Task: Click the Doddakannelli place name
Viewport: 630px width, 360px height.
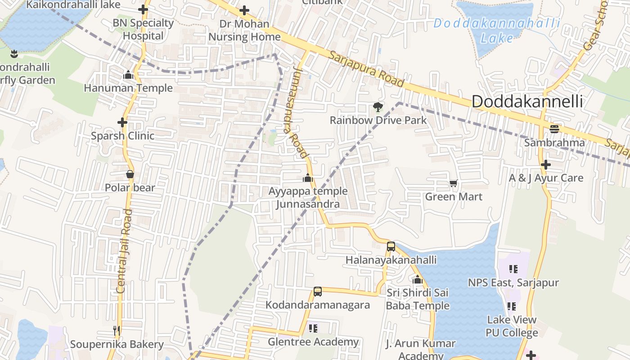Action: pyautogui.click(x=527, y=102)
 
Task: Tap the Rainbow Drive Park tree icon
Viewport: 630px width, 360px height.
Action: pyautogui.click(x=378, y=107)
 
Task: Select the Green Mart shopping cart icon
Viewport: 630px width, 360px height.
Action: pyautogui.click(x=453, y=184)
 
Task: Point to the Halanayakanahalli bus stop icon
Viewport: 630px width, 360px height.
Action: pyautogui.click(x=391, y=247)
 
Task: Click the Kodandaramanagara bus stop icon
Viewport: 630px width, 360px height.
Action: pyautogui.click(x=318, y=292)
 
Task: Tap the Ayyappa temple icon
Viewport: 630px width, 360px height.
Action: pyautogui.click(x=308, y=178)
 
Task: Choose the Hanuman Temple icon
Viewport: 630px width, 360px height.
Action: pyautogui.click(x=128, y=75)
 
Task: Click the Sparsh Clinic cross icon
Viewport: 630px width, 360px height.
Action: pyautogui.click(x=122, y=122)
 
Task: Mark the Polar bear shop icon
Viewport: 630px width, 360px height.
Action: pyautogui.click(x=130, y=174)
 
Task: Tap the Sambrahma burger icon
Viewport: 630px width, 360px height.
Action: pyautogui.click(x=554, y=129)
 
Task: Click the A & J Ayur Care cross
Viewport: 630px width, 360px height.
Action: pyautogui.click(x=546, y=165)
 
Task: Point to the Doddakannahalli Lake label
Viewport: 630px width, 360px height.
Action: pyautogui.click(x=497, y=31)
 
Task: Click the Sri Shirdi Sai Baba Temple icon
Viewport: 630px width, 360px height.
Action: pyautogui.click(x=418, y=280)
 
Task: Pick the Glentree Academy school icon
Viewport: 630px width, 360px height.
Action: pyautogui.click(x=313, y=328)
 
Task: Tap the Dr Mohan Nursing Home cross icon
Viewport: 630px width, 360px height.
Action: pyautogui.click(x=244, y=10)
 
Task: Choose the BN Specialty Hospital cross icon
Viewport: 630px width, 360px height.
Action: pyautogui.click(x=143, y=9)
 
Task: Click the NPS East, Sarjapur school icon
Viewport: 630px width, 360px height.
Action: pyautogui.click(x=513, y=269)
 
